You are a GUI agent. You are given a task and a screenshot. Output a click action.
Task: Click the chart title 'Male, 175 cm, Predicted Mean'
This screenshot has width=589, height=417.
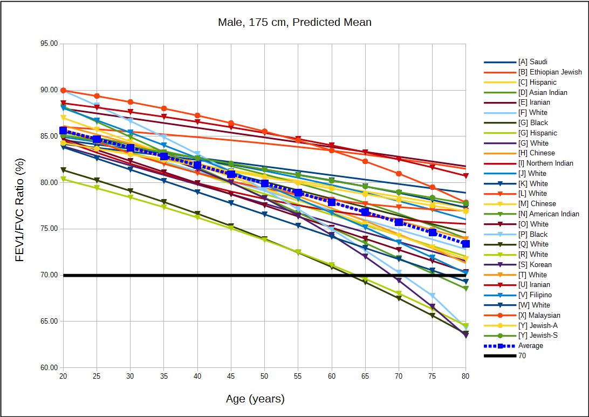point(294,23)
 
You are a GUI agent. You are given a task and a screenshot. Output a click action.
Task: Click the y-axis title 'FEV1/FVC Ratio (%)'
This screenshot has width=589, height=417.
point(20,206)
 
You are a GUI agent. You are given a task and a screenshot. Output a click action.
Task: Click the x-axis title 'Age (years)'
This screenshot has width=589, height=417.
point(255,399)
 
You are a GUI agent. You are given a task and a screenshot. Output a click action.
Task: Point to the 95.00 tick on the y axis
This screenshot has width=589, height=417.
point(49,44)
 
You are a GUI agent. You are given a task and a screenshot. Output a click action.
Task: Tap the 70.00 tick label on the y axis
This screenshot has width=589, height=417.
point(49,275)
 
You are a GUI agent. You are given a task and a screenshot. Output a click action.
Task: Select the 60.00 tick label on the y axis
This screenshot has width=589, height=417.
point(49,368)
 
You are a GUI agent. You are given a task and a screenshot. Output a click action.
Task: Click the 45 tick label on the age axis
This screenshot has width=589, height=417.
point(231,376)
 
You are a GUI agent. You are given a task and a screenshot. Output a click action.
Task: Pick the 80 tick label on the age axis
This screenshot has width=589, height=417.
point(466,376)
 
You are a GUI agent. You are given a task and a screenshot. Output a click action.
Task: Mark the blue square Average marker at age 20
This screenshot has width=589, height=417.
point(63,131)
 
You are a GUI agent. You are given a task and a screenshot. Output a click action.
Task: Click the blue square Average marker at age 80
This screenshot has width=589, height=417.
point(466,244)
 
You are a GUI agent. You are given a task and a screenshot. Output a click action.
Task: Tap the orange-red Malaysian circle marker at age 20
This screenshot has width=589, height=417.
point(63,91)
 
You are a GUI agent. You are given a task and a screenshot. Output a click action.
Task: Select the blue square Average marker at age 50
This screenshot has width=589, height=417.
point(265,183)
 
